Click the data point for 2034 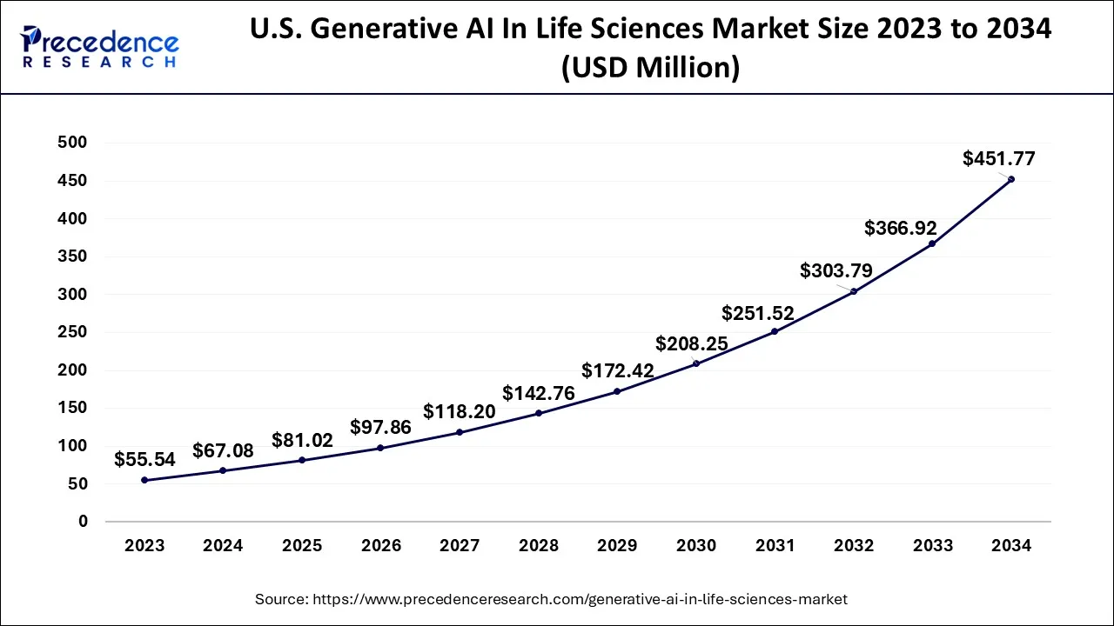[1011, 179]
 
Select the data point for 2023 [144, 480]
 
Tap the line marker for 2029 [617, 391]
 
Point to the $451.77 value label [998, 159]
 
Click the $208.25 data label [692, 344]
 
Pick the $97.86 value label [380, 427]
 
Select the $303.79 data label [835, 270]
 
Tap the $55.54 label [144, 460]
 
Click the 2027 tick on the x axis [460, 546]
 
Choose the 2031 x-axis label [775, 546]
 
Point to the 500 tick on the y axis [72, 143]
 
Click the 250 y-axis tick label [72, 332]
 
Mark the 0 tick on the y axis [83, 522]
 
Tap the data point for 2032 [854, 291]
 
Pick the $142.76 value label [538, 393]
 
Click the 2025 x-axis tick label [302, 546]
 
